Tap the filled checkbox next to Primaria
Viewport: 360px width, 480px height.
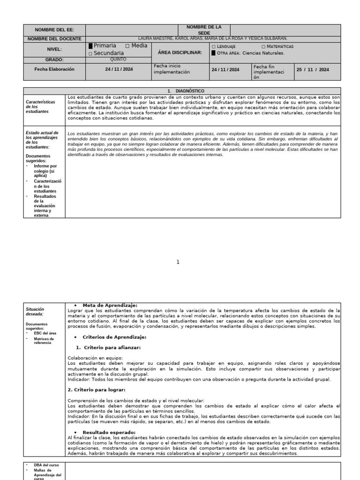(90, 46)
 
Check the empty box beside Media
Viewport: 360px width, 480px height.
(127, 46)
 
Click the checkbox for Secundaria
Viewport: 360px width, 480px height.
(90, 54)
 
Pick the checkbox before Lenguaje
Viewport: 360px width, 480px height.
(214, 47)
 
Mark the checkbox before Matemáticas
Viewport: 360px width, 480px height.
(263, 47)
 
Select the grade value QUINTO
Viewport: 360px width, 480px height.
(118, 60)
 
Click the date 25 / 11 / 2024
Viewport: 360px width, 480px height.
(313, 69)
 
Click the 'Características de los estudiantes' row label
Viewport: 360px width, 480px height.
(40, 106)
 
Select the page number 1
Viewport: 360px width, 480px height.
(178, 262)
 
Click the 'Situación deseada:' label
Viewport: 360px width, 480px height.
(36, 312)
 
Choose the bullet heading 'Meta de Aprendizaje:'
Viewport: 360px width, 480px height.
(110, 305)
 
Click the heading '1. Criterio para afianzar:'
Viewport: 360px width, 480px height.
(108, 347)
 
